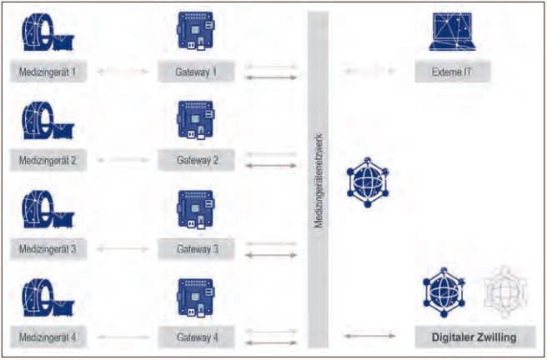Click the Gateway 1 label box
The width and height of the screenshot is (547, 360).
click(x=197, y=72)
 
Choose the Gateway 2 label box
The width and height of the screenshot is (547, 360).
click(x=197, y=159)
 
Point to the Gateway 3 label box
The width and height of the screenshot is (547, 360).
click(x=197, y=248)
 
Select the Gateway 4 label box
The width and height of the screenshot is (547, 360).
click(x=197, y=337)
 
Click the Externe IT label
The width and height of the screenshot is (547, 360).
click(x=452, y=72)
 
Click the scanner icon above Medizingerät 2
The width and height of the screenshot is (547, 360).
click(x=48, y=122)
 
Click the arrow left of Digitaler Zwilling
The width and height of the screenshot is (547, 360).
click(x=369, y=337)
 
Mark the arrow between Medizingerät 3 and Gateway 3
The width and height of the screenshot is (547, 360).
click(x=123, y=248)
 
